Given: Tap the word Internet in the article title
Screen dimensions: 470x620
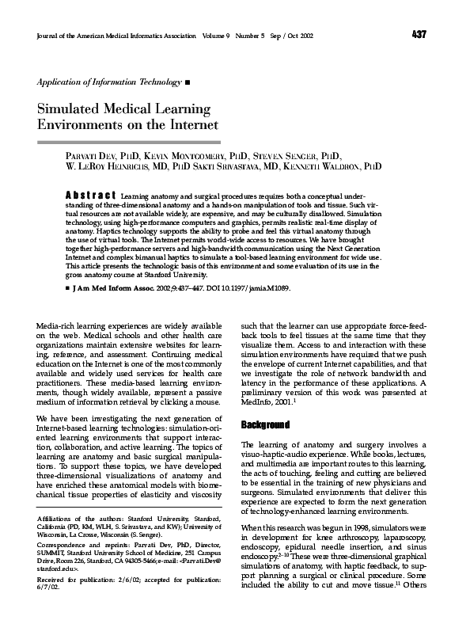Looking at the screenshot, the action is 189,125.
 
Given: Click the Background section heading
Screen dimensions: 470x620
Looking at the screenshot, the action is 266,425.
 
